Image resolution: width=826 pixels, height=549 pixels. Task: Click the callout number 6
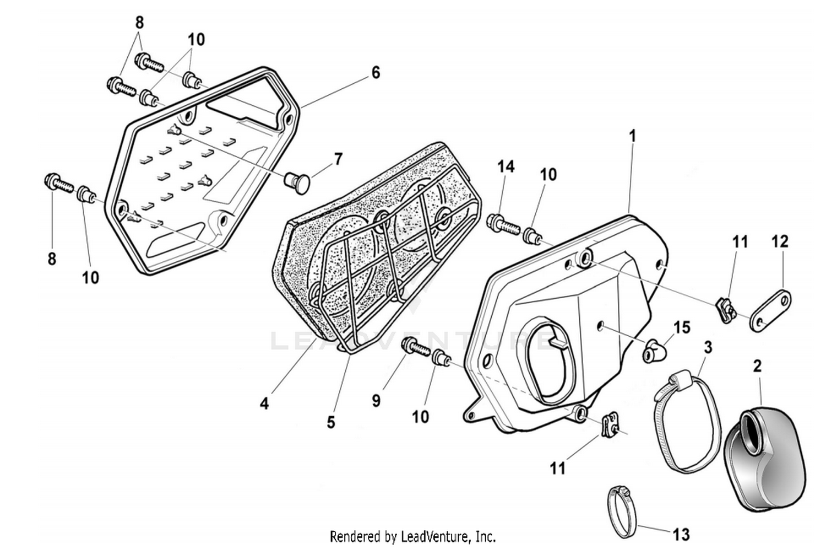pyautogui.click(x=376, y=72)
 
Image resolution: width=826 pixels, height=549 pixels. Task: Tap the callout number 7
pyautogui.click(x=338, y=159)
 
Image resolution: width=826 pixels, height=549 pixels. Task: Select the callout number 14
pyautogui.click(x=506, y=166)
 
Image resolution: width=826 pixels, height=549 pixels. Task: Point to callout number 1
pyautogui.click(x=633, y=136)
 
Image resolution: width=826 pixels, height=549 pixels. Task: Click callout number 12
pyautogui.click(x=780, y=241)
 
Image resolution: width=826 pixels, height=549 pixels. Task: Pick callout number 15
pyautogui.click(x=682, y=327)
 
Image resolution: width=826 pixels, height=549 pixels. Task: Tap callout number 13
pyautogui.click(x=681, y=534)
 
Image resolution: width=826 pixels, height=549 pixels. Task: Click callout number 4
pyautogui.click(x=264, y=403)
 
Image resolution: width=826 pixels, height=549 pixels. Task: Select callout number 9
pyautogui.click(x=376, y=401)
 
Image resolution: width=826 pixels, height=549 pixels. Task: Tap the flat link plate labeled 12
pyautogui.click(x=770, y=311)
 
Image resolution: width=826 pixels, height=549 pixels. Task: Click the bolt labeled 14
pyautogui.click(x=503, y=224)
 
